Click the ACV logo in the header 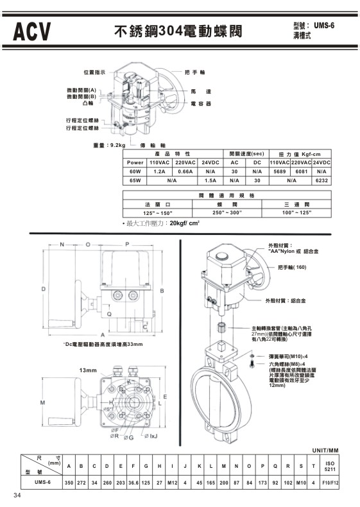click(30, 30)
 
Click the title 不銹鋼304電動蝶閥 click(175, 30)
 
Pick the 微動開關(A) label click(81, 90)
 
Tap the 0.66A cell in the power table click(185, 172)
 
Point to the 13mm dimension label click(88, 370)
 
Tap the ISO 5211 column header click(330, 464)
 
